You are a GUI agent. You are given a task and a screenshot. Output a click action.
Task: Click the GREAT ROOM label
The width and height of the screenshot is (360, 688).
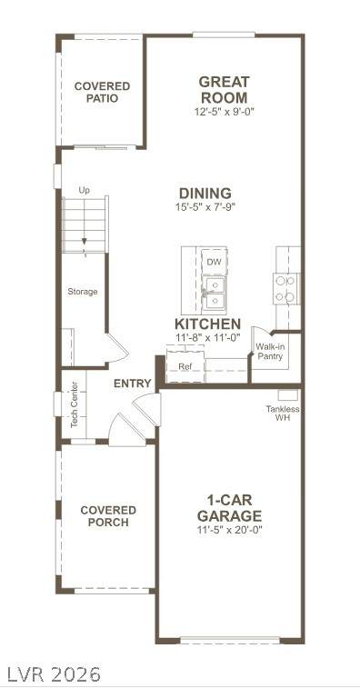pyautogui.click(x=224, y=89)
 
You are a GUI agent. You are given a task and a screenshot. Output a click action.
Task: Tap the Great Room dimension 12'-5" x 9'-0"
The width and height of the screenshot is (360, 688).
pyautogui.click(x=225, y=112)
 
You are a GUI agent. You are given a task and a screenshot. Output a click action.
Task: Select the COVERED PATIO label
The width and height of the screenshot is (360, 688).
pyautogui.click(x=103, y=92)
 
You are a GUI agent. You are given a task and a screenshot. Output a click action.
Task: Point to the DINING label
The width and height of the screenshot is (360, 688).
pyautogui.click(x=205, y=193)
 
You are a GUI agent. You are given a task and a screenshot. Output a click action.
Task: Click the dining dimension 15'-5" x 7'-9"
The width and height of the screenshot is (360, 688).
pyautogui.click(x=205, y=206)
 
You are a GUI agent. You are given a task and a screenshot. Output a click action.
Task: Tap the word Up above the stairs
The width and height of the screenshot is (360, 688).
pyautogui.click(x=84, y=191)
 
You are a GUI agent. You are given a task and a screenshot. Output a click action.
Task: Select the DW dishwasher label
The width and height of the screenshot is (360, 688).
pyautogui.click(x=215, y=263)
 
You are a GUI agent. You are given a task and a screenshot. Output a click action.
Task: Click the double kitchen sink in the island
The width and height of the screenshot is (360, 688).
pyautogui.click(x=215, y=293)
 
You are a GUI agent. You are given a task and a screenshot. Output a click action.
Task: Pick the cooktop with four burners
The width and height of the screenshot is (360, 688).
pyautogui.click(x=285, y=289)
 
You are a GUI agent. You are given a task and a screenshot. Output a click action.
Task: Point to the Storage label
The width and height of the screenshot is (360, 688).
pyautogui.click(x=83, y=292)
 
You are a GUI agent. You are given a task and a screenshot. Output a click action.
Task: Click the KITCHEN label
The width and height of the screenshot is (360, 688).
pyautogui.click(x=207, y=324)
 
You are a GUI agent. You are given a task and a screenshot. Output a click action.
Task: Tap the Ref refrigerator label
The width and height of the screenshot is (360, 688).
pyautogui.click(x=185, y=367)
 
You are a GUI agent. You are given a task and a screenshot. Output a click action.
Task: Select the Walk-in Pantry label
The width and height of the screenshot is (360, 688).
pyautogui.click(x=270, y=351)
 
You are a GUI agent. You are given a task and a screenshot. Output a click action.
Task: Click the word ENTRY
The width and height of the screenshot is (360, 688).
pyautogui.click(x=133, y=383)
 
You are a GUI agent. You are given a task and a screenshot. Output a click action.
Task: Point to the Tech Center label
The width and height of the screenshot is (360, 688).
pyautogui.click(x=75, y=405)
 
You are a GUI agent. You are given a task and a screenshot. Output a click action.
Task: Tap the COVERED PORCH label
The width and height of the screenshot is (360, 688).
pyautogui.click(x=108, y=516)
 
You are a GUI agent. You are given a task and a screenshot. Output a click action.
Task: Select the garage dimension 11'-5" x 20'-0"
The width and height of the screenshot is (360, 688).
pyautogui.click(x=229, y=530)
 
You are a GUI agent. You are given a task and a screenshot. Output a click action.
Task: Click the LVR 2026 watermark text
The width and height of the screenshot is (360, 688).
pyautogui.click(x=51, y=673)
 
